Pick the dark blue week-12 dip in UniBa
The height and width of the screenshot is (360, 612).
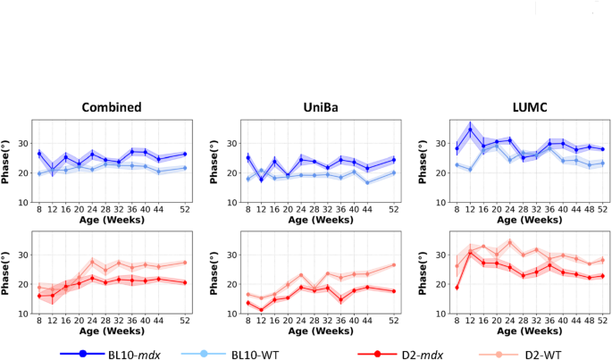tap(236, 180)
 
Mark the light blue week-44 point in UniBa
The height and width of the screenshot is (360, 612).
tap(366, 182)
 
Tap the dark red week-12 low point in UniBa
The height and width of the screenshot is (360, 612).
tap(236, 310)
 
